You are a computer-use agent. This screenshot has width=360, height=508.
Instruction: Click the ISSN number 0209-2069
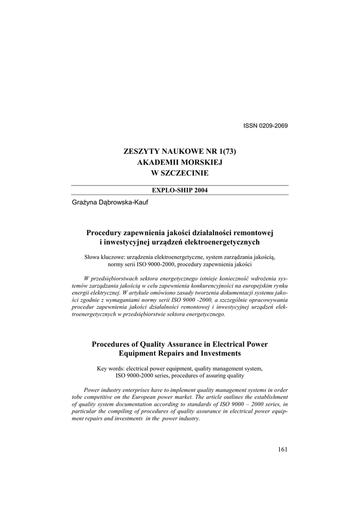point(273,126)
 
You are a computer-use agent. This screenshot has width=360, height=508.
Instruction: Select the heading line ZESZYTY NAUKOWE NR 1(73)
point(180,152)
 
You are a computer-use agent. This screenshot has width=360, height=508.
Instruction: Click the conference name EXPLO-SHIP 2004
point(180,190)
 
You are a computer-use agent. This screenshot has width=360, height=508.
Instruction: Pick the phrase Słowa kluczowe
point(105,257)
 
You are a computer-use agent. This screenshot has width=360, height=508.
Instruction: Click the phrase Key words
point(110,369)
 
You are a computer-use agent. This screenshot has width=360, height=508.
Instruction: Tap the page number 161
point(283,450)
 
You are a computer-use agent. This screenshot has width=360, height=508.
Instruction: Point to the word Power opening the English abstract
point(93,390)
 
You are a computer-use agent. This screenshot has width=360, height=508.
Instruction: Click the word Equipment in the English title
point(137,354)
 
